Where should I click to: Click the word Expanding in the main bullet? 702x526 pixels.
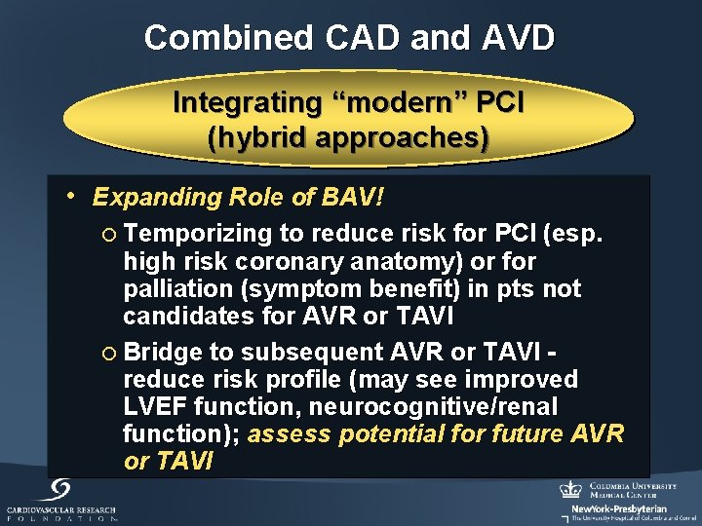[x=156, y=198]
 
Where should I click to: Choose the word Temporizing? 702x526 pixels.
[x=198, y=235]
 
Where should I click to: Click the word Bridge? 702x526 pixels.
[x=162, y=352]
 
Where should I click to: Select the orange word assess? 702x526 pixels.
[x=283, y=433]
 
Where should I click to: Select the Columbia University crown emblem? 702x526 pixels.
[x=570, y=489]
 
